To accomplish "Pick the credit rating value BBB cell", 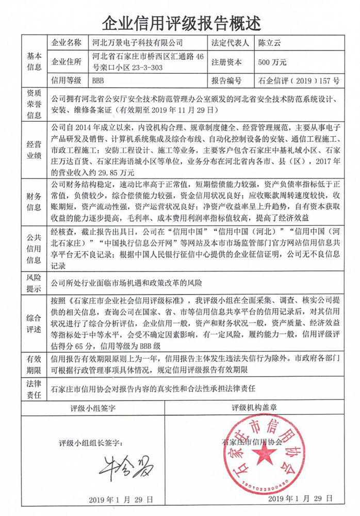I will [x=98, y=80].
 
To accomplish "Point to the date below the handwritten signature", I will [x=121, y=499].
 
